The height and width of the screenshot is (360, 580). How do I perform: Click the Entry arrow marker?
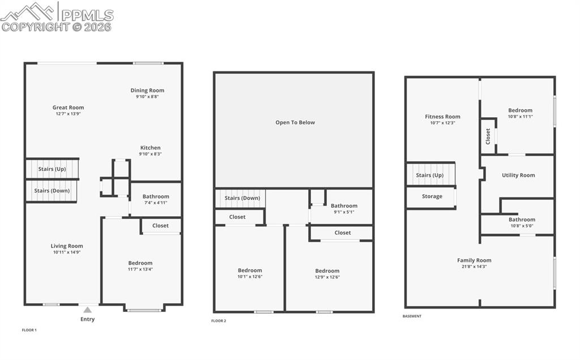point(87,310)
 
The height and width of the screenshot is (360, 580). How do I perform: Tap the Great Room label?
point(68,108)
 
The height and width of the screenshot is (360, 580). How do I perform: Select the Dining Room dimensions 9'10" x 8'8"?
point(147,97)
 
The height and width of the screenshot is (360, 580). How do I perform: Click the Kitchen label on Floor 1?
point(150,148)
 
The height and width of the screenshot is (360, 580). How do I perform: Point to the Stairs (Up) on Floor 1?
point(52,169)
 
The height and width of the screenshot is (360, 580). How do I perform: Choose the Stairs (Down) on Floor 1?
point(52,191)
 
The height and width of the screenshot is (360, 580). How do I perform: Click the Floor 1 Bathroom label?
point(156,196)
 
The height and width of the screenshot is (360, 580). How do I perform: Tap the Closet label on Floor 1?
point(160,225)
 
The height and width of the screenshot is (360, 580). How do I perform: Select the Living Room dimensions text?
point(67,252)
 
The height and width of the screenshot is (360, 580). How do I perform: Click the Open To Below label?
point(295,122)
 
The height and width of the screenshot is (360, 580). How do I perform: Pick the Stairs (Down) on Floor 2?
point(242,198)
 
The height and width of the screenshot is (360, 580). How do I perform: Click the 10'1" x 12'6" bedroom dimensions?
point(250,277)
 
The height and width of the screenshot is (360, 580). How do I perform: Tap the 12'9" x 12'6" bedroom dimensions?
point(327,277)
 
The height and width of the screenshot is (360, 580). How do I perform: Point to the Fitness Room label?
point(442,117)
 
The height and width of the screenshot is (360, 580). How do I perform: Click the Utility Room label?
point(518,175)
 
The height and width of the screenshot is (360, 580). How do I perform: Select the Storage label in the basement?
point(432,196)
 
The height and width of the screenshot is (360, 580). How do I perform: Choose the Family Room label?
point(475,260)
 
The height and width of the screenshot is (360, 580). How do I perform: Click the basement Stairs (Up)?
point(430,175)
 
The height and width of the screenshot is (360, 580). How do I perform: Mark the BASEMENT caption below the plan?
point(412,316)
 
